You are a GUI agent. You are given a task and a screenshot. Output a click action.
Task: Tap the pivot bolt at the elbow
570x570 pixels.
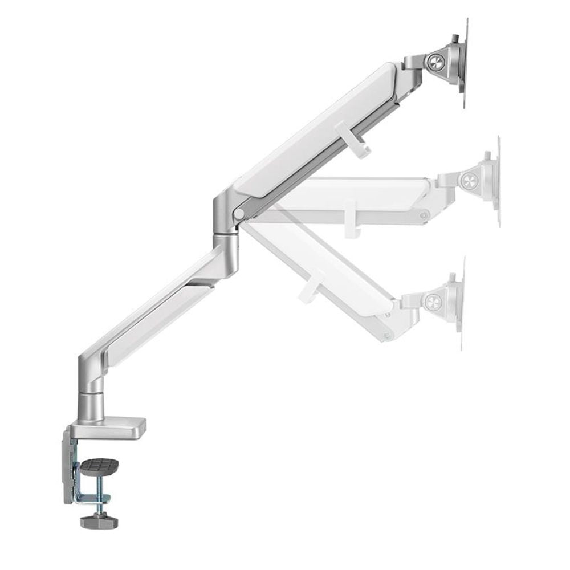pos(239,214)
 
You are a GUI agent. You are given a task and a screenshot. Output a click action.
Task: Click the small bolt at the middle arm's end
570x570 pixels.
pos(423,215)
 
